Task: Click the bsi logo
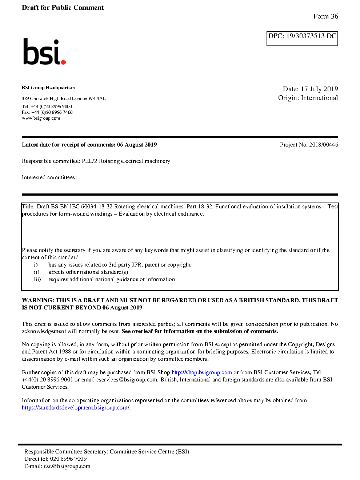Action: (44, 52)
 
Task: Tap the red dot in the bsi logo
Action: (63, 62)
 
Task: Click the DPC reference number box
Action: (302, 39)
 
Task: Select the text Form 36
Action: (325, 16)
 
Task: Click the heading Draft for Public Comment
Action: (63, 8)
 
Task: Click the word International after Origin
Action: (319, 98)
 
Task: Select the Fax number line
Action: (47, 112)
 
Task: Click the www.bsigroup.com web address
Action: (41, 118)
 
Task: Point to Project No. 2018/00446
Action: (309, 145)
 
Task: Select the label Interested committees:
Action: (49, 177)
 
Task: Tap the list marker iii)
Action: (37, 279)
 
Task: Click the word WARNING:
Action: (38, 300)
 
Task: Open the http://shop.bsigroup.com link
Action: (201, 372)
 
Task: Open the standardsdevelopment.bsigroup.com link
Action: (75, 408)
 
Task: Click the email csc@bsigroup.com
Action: (67, 466)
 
